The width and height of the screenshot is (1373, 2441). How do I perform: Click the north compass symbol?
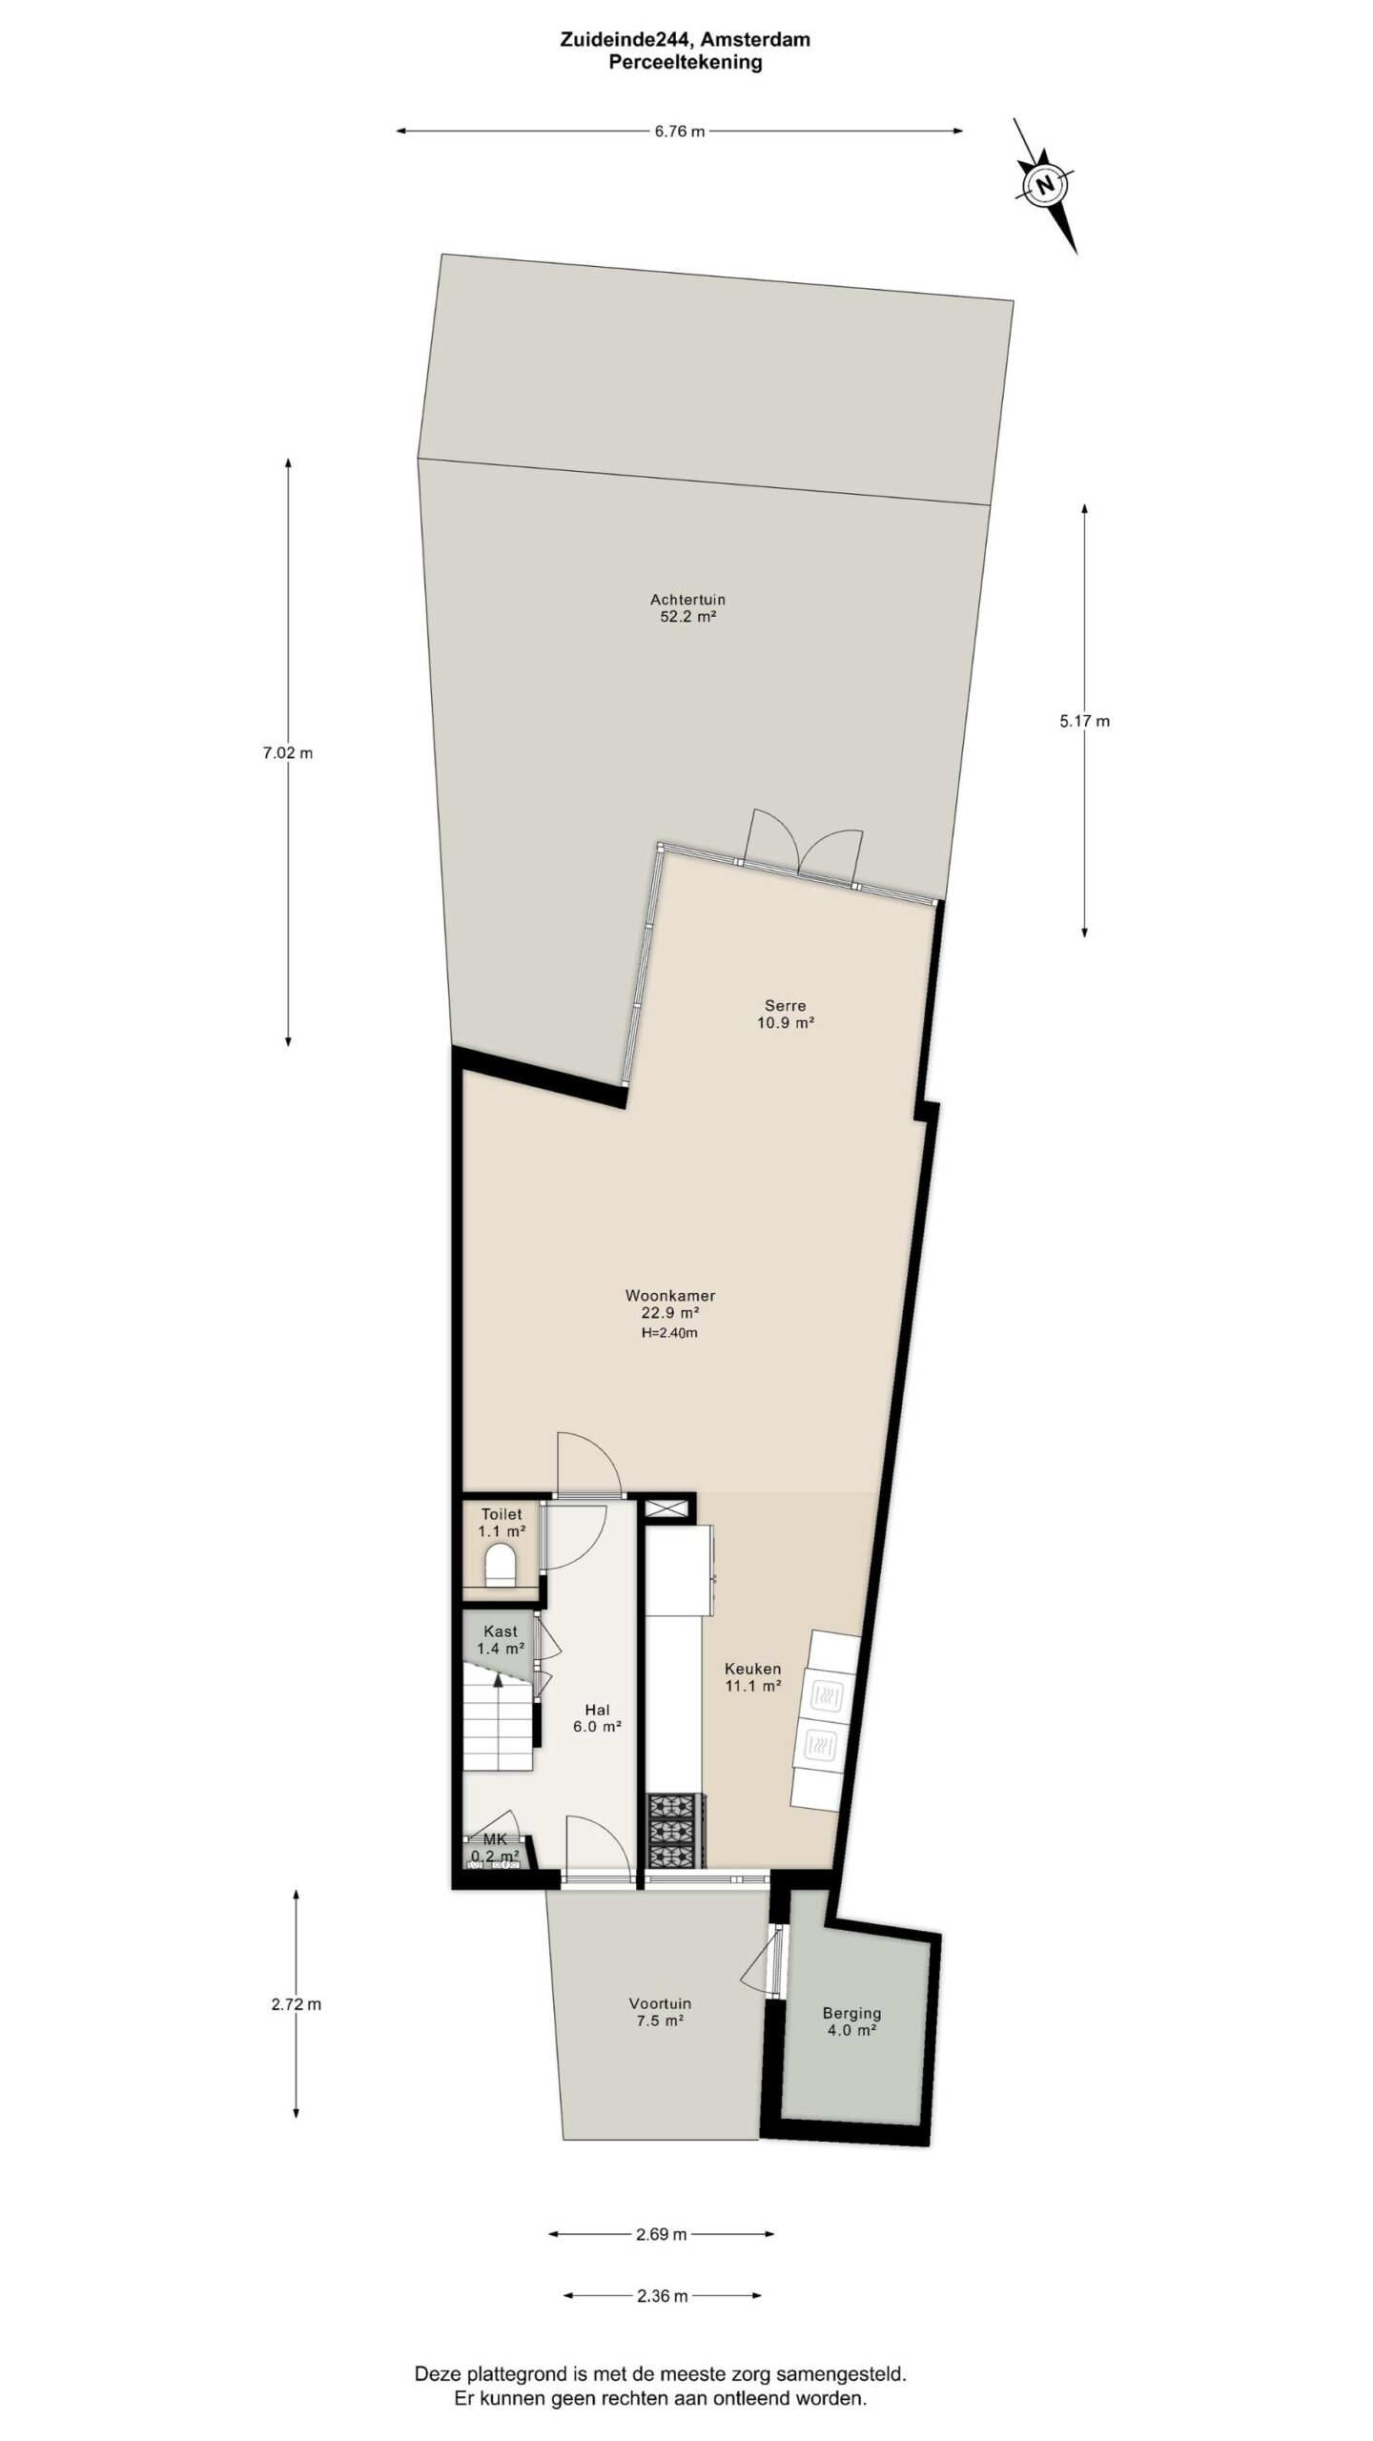click(1045, 185)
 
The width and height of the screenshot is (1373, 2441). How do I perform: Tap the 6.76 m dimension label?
click(679, 132)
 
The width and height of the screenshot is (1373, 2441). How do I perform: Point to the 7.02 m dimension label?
click(288, 752)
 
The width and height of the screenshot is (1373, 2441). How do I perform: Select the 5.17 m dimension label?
click(1084, 721)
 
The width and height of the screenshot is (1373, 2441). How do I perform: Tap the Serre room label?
click(785, 1014)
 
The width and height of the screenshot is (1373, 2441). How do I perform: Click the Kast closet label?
click(501, 1639)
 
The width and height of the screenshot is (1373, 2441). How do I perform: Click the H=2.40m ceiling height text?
click(669, 1332)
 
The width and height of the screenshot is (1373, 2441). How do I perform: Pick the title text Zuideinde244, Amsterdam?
click(686, 40)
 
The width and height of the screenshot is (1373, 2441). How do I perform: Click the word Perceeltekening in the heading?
click(686, 63)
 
